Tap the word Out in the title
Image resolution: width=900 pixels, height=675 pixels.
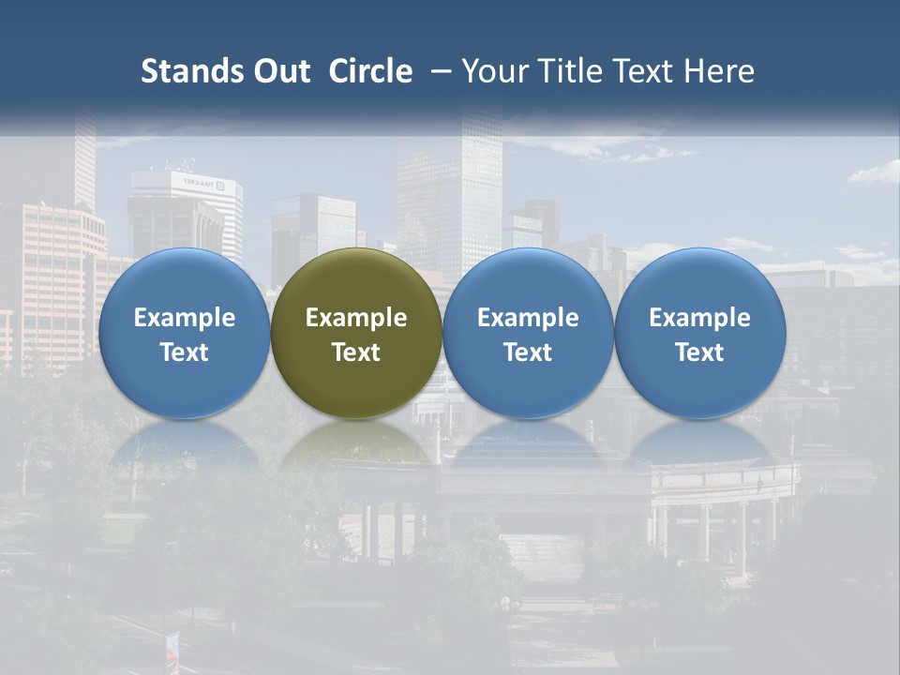[x=279, y=71]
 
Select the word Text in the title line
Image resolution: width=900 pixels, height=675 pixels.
[x=642, y=71]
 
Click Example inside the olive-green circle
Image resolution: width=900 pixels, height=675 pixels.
[x=356, y=318]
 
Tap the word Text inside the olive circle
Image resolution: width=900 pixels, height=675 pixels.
[x=356, y=352]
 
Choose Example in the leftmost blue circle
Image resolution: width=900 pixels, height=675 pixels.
[x=184, y=318]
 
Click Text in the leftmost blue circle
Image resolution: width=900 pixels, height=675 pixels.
[x=184, y=352]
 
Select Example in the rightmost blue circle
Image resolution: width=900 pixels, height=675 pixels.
[x=699, y=318]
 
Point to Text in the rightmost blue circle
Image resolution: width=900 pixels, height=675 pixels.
[x=699, y=352]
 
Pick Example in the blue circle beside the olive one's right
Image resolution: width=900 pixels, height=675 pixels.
[x=528, y=318]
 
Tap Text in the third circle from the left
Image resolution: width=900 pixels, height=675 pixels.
[x=528, y=352]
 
